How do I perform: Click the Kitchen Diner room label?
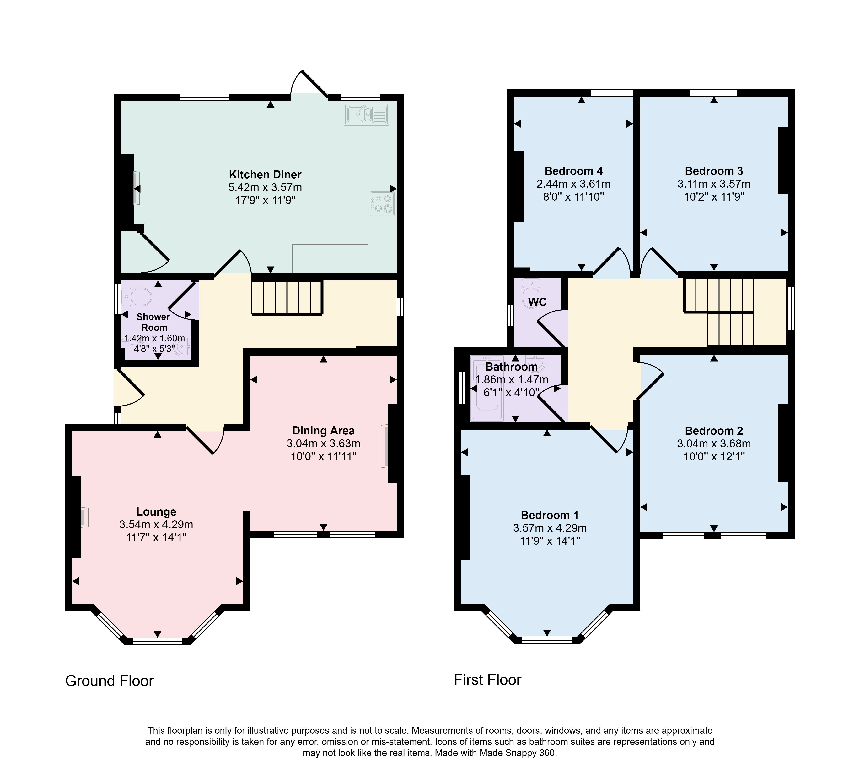[x=265, y=174]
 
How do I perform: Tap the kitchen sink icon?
[x=367, y=114]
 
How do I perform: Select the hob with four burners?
[x=382, y=204]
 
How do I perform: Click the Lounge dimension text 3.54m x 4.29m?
[x=156, y=525]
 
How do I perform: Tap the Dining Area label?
[x=323, y=431]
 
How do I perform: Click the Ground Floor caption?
[x=110, y=681]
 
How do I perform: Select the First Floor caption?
[x=487, y=680]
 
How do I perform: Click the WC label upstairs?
[x=537, y=302]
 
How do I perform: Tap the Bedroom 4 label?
[x=574, y=171]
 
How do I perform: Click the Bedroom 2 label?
[x=714, y=431]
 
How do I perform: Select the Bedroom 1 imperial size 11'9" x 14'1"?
[x=550, y=541]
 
